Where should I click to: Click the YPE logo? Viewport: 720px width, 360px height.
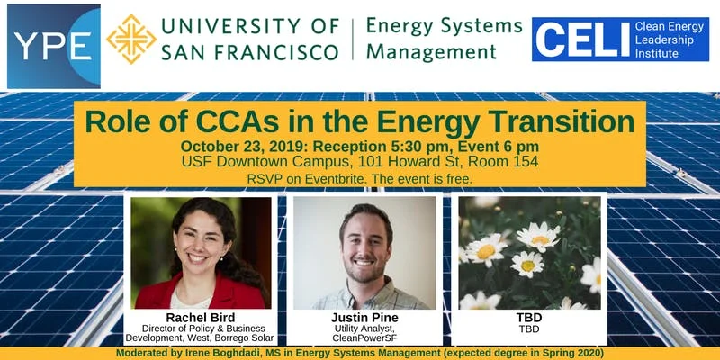[52, 46]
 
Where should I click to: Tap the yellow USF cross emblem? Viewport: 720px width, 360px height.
[131, 39]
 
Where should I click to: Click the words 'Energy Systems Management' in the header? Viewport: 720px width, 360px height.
[445, 40]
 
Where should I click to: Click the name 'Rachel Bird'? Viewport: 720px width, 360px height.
[201, 318]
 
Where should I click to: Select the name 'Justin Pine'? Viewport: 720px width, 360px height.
[364, 318]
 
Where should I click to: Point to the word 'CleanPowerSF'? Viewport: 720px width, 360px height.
[364, 338]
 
